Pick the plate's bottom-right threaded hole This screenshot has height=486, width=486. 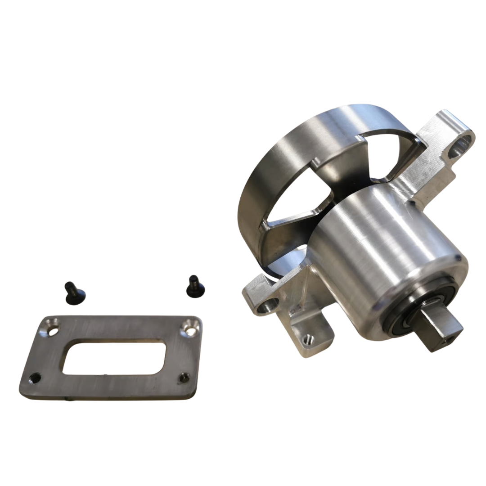(x=183, y=378)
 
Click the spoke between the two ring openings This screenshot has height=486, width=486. (x=342, y=175)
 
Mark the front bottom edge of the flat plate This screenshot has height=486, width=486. (x=108, y=396)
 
